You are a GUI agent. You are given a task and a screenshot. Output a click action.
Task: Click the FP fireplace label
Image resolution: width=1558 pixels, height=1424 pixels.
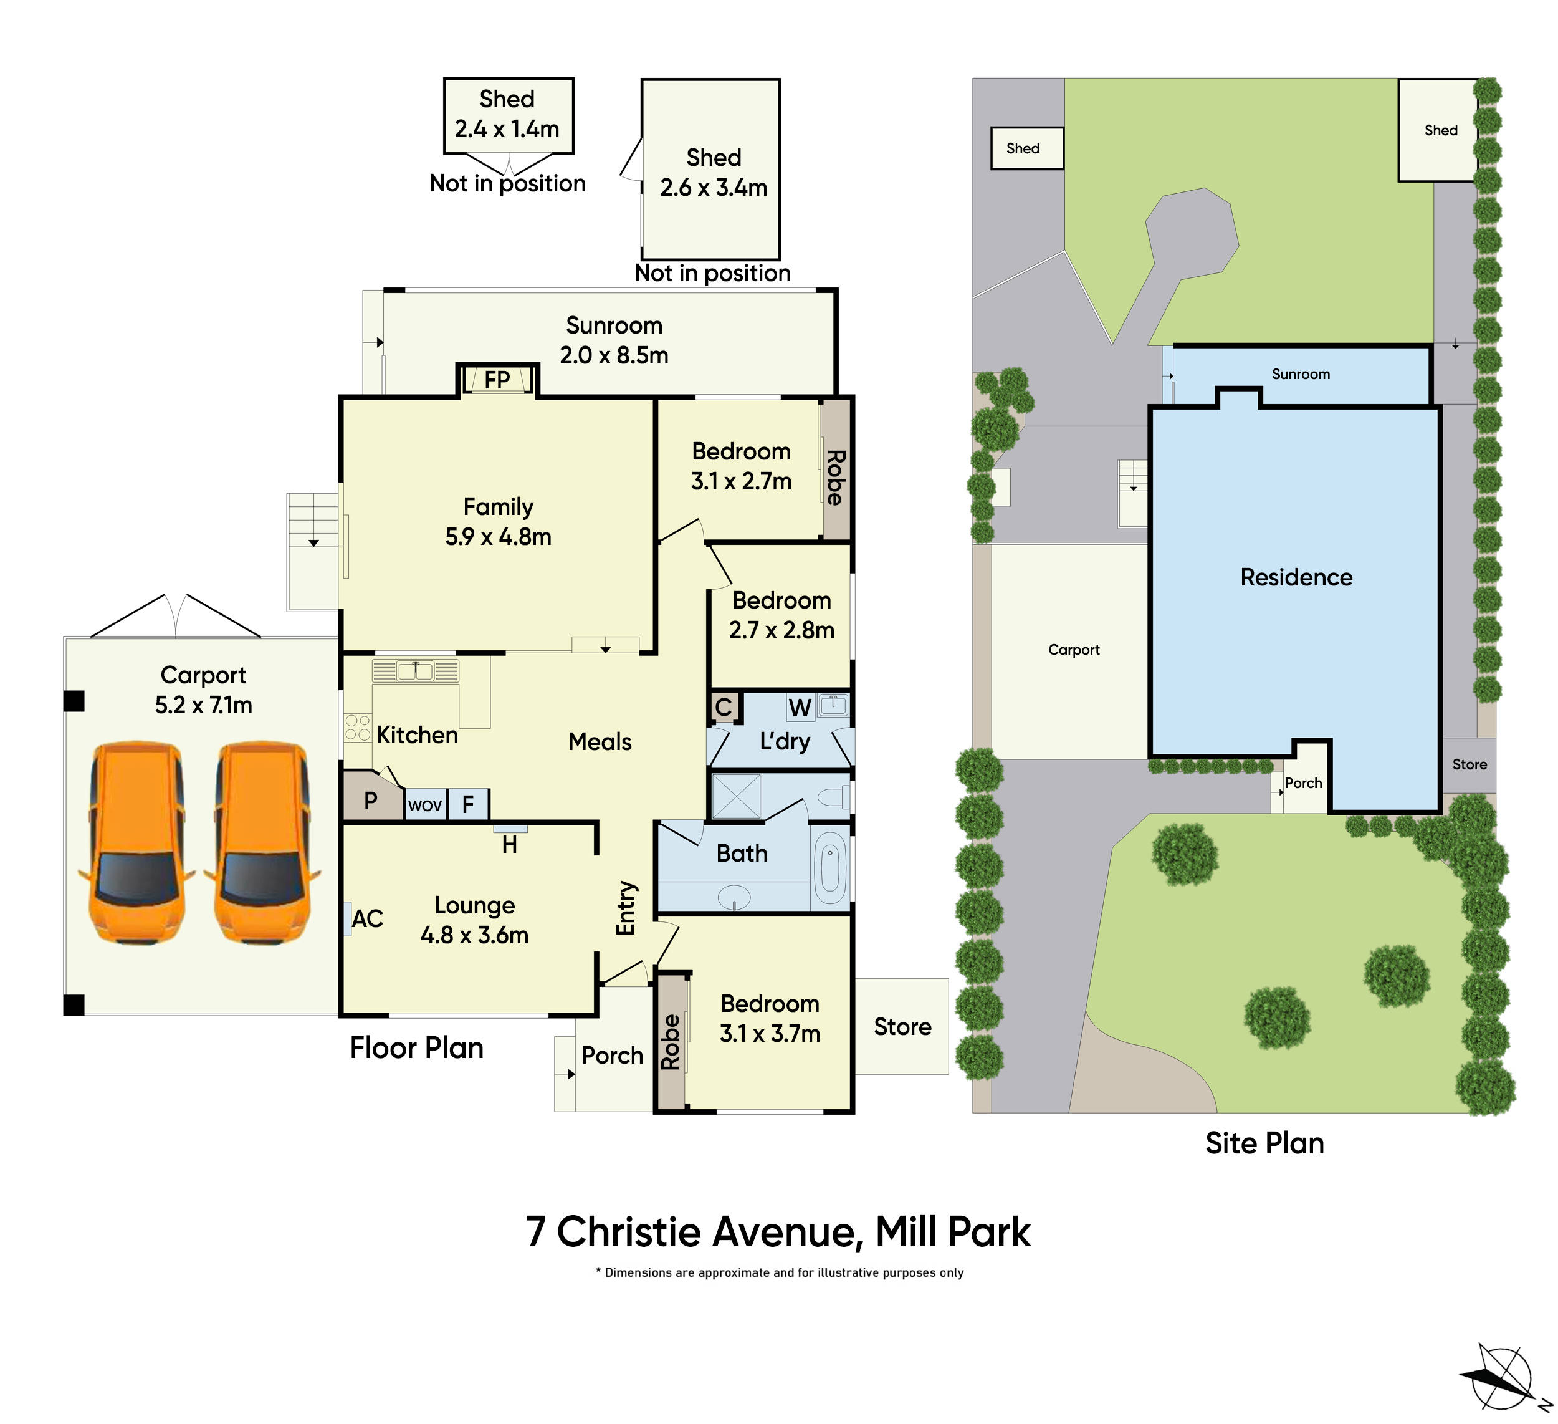pos(497,380)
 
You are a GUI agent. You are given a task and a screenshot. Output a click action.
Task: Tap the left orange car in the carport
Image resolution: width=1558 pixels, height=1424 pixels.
pos(136,843)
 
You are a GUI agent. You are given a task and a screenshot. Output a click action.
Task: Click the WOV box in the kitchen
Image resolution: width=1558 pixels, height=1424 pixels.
pos(424,806)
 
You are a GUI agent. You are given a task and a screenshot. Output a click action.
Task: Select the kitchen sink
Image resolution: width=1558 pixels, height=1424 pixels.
pos(416,670)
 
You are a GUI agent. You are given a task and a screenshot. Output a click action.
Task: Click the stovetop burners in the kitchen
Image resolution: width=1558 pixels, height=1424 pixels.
pos(357,728)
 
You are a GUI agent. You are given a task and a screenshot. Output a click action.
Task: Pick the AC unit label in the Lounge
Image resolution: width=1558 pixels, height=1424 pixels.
pos(367,918)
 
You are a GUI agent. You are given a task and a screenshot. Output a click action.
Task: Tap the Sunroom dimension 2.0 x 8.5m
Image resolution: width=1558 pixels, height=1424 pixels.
pos(614,355)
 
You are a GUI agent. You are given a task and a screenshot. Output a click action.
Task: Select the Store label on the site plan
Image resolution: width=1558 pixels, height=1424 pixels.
pos(1469,764)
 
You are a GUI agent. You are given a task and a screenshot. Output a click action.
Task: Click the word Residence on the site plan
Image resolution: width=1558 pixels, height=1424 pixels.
pos(1296,577)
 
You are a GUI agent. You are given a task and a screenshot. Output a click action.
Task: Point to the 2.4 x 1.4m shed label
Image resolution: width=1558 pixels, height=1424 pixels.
pos(507,129)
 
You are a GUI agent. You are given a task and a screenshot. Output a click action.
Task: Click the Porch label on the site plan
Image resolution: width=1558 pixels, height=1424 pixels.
pos(1303,783)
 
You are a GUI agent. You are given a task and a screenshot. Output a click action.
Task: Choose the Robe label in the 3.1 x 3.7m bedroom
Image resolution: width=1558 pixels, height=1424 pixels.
pos(670,1041)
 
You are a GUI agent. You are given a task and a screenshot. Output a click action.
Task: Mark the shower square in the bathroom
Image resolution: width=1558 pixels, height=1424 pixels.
pos(736,796)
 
